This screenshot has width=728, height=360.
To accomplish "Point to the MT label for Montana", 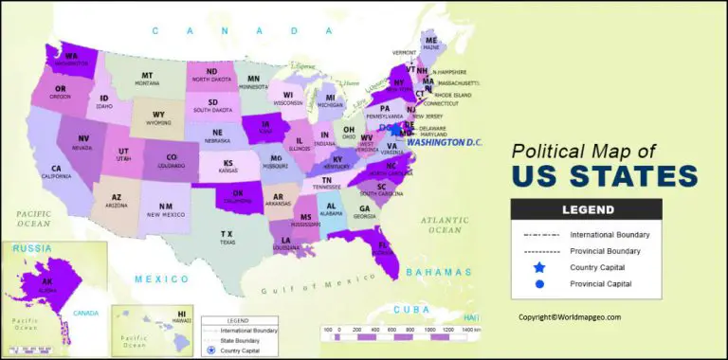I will click(147, 76).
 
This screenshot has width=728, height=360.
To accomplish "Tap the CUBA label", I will click(418, 309).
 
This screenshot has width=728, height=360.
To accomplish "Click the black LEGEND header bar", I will click(588, 209).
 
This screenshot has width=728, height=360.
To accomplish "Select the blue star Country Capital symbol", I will click(539, 268).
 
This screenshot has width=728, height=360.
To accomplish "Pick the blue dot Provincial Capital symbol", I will click(539, 283).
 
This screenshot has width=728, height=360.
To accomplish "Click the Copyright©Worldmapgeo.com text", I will click(569, 317).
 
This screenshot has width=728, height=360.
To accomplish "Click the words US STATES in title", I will click(603, 176).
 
